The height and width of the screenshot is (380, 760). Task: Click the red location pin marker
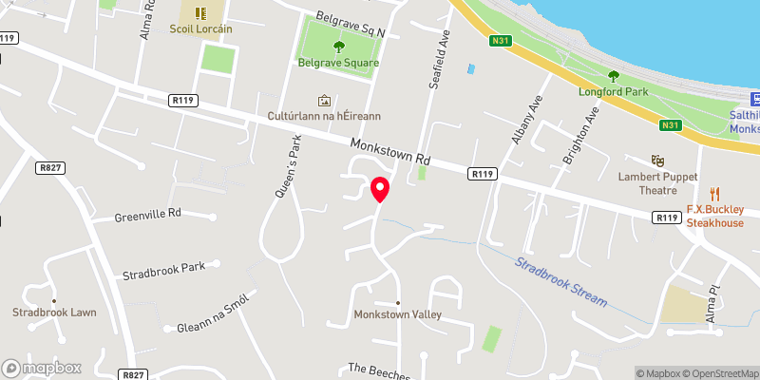[x=380, y=188]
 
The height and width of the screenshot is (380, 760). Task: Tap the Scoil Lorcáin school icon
[x=200, y=12]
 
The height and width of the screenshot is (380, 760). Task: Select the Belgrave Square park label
[x=339, y=63]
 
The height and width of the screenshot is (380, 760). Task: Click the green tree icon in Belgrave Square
[x=339, y=47]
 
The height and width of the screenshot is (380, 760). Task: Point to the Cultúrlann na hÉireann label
[x=324, y=115]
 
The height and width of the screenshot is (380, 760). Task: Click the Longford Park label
[x=612, y=92]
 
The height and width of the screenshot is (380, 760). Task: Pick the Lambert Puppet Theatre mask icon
[x=655, y=161]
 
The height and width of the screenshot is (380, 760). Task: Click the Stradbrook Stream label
[x=561, y=279]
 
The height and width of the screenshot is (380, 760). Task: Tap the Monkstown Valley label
[x=398, y=314]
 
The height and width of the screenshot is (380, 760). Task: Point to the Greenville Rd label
[x=147, y=216]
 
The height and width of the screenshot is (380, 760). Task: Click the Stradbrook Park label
[x=163, y=271]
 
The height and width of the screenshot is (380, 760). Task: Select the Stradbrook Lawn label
[x=54, y=312]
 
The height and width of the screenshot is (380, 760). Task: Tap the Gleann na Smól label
[x=212, y=314]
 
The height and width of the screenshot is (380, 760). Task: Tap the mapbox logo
[x=42, y=368]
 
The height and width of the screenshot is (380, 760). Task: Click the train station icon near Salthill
[x=756, y=98]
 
